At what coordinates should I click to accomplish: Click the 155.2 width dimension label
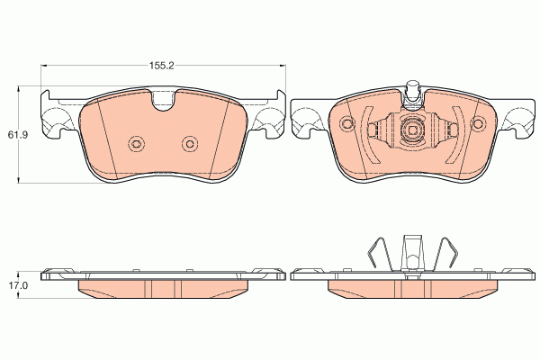click(x=161, y=66)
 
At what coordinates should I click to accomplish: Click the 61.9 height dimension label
click(x=18, y=135)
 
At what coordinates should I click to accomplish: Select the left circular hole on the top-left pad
click(x=136, y=144)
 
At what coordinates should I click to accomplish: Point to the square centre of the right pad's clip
click(x=413, y=130)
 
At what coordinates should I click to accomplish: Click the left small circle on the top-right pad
click(x=347, y=123)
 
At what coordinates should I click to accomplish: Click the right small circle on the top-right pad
click(x=478, y=123)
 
